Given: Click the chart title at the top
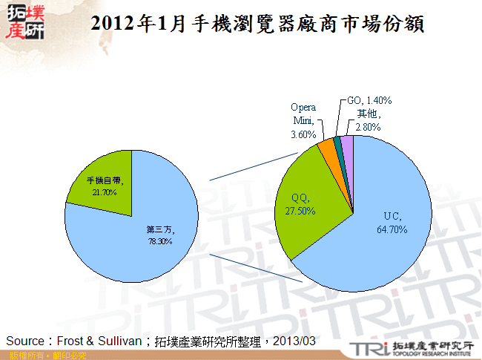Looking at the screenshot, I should [x=256, y=23].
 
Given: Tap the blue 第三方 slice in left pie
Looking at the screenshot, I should [x=148, y=238].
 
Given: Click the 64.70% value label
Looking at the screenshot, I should [x=392, y=229].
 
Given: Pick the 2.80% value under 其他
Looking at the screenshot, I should [x=369, y=127].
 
